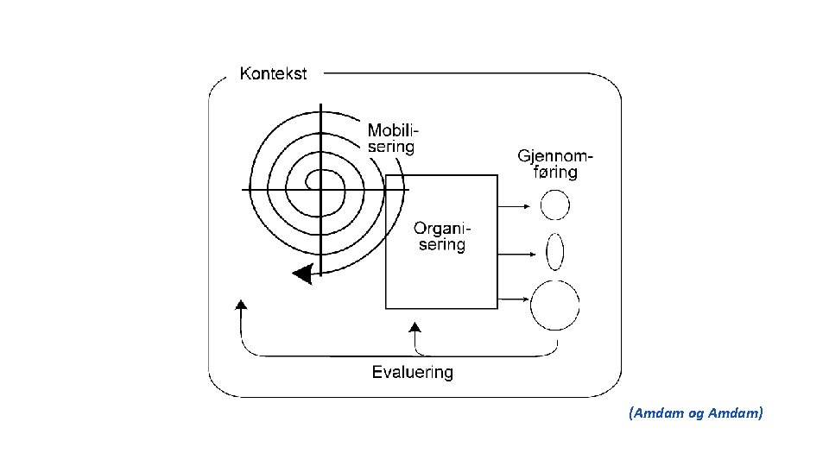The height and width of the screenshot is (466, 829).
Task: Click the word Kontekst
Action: (x=272, y=74)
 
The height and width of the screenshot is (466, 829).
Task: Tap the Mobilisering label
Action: (x=393, y=139)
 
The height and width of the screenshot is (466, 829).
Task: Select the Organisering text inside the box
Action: (x=440, y=236)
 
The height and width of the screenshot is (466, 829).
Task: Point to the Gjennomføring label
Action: (x=555, y=164)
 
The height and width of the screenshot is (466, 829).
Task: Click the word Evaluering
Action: (x=412, y=373)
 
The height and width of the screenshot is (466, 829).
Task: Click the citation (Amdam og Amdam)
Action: (x=696, y=414)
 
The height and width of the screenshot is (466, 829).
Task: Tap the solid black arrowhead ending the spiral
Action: (x=301, y=274)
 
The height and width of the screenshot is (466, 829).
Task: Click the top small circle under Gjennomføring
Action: (x=555, y=205)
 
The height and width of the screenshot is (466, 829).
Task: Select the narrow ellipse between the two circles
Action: (x=555, y=253)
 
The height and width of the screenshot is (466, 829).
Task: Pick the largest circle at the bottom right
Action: (x=555, y=305)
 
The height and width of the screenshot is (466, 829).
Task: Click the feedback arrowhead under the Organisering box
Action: (x=415, y=327)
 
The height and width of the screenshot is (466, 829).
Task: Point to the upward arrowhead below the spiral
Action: (x=241, y=304)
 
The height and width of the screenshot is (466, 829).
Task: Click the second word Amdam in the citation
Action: (x=735, y=414)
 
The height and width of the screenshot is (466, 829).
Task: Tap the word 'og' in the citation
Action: (x=696, y=415)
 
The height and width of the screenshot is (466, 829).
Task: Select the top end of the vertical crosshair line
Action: (x=320, y=106)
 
